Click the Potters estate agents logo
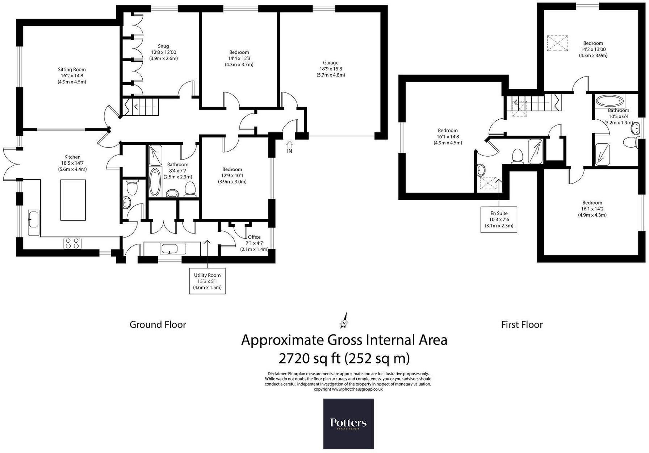348,424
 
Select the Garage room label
331,63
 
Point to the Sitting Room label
72,69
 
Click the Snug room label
163,46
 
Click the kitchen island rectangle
73,200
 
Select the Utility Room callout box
207,281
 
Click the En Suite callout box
499,219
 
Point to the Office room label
254,237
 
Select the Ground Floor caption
158,324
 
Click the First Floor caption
522,324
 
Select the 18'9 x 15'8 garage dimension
331,69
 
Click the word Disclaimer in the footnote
277,374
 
